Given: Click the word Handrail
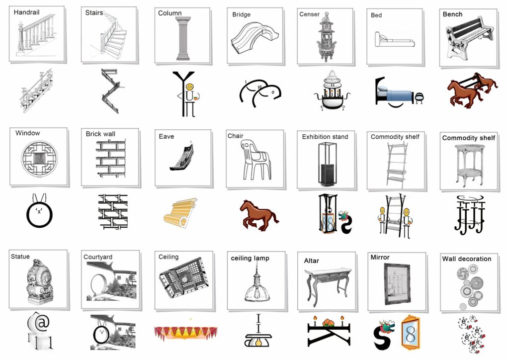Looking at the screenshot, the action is pos(27,12).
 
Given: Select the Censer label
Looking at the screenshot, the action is pos(309,14).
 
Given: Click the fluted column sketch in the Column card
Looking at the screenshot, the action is pos(183,38).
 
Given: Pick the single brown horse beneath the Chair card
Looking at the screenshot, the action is pos(258,215).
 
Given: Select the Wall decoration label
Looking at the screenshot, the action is pos(466,259).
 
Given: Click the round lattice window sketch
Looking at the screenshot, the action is pos(39,159).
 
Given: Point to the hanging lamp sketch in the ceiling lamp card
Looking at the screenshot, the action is pos(257,282).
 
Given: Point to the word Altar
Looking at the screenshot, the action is pos(311,261).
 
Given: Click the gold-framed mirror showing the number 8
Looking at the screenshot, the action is pos(410,332).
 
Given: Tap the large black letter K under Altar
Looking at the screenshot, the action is pos(329,334).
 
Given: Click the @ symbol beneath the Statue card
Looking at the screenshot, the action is pos(42,323).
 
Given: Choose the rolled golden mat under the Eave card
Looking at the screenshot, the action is pos(180,212).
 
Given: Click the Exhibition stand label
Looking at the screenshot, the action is pos(325,137).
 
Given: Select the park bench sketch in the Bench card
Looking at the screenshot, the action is pos(469,38).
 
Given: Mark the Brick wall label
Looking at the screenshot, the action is pos(100,134).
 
